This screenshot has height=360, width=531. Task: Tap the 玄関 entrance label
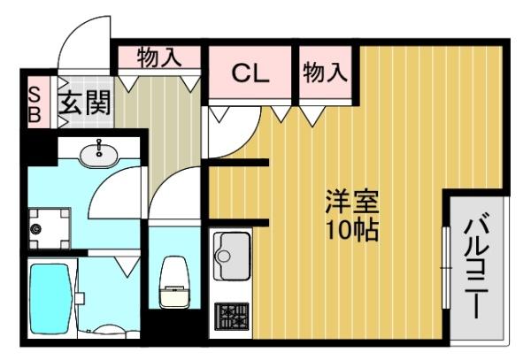point(85,103)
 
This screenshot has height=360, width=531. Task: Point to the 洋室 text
point(351,202)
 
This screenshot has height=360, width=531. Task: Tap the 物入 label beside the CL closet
point(325,73)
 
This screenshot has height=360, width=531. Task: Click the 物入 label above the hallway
point(159,58)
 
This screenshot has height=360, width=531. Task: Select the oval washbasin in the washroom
point(99,155)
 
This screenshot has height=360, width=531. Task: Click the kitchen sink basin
point(232,254)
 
